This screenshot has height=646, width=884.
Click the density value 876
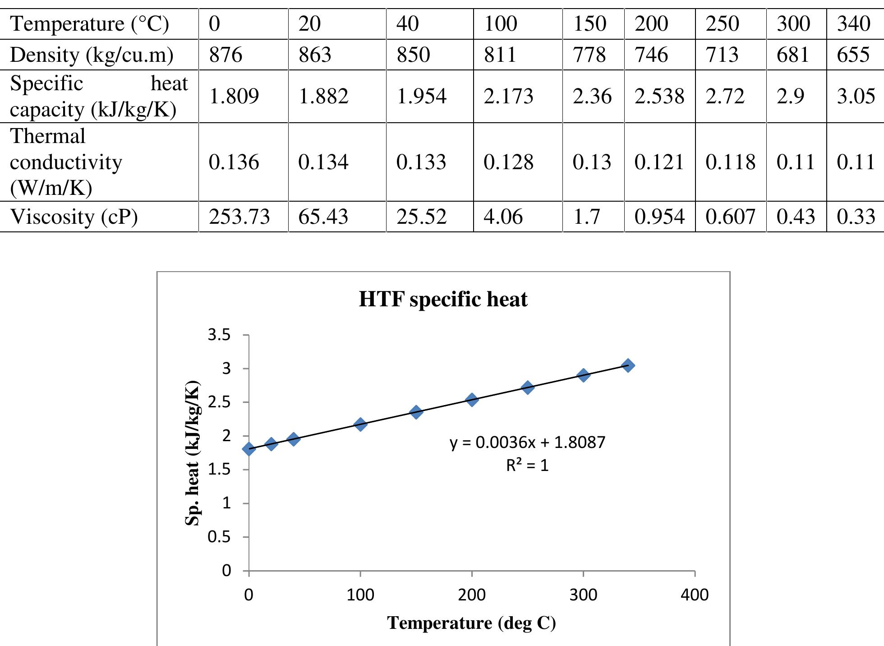click(226, 55)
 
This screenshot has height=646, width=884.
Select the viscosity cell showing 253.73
click(239, 217)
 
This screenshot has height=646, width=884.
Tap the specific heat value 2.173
click(508, 96)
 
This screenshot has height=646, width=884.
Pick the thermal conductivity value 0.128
click(508, 162)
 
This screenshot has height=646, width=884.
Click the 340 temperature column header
click(853, 24)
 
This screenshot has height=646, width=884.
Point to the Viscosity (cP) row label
click(74, 217)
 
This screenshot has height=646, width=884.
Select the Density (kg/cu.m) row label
click(92, 55)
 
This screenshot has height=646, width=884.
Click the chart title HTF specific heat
click(443, 300)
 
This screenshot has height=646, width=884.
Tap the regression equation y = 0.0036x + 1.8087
click(527, 443)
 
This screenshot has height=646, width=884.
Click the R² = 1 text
click(527, 466)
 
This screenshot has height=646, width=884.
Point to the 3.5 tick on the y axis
click(219, 335)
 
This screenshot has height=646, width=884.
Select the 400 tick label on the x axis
click(695, 595)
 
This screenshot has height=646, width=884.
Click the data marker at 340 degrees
click(628, 365)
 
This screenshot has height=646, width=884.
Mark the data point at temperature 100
click(360, 424)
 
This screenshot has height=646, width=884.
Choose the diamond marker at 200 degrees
click(472, 400)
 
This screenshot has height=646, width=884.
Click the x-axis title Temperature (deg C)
click(471, 623)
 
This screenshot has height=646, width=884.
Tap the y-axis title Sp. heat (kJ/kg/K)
click(192, 453)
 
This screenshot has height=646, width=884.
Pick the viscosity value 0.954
click(659, 217)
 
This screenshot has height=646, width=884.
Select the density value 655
click(853, 55)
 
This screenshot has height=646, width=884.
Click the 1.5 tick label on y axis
click(219, 470)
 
